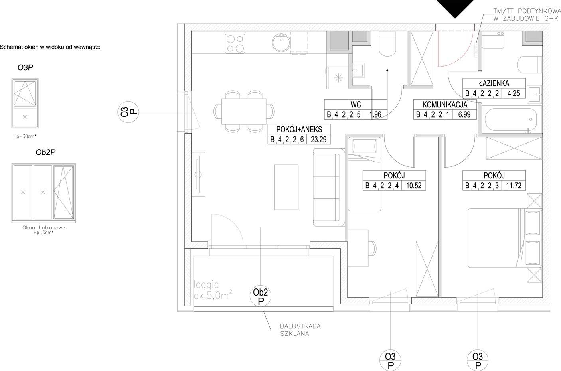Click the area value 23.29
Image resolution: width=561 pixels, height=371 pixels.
(318, 140)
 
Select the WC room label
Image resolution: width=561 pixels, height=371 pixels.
(356, 105)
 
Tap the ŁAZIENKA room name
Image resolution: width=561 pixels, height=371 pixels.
(494, 83)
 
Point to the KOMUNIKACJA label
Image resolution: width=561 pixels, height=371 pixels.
(445, 105)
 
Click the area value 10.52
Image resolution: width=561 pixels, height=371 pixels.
(414, 185)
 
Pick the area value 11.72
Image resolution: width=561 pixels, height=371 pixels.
(514, 185)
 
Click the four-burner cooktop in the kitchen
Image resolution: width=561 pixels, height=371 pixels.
(235, 43)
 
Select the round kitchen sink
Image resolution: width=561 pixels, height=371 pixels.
(281, 43)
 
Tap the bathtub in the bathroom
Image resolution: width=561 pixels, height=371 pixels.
(511, 120)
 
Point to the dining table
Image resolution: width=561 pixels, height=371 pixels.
(244, 111)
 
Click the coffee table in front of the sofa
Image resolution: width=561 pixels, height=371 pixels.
(286, 187)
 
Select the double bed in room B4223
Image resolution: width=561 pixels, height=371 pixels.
(505, 238)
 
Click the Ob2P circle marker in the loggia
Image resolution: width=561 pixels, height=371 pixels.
(261, 296)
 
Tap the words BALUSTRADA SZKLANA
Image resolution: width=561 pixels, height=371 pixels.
(300, 330)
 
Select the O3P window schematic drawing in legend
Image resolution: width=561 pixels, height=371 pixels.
(25, 103)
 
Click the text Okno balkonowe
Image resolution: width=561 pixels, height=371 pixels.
(44, 227)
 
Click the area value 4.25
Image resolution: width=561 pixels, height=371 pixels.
(514, 93)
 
